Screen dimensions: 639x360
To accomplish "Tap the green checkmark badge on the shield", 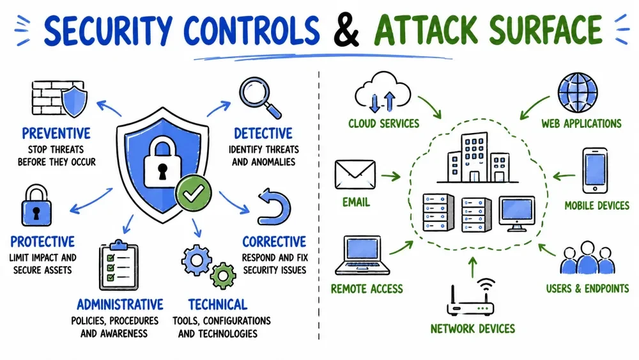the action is pyautogui.click(x=194, y=193).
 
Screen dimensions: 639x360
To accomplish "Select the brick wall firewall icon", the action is pyautogui.click(x=59, y=99).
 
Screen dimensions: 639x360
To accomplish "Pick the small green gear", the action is pyautogui.click(x=223, y=276).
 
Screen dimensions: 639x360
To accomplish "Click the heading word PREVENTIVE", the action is pyautogui.click(x=56, y=133).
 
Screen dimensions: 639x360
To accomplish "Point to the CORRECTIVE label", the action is pyautogui.click(x=274, y=242).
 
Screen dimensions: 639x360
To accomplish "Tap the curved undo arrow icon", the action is pyautogui.click(x=274, y=207).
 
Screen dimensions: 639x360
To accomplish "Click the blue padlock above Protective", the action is pyautogui.click(x=36, y=205).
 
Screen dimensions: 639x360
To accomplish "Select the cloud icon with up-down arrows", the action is pyautogui.click(x=383, y=93).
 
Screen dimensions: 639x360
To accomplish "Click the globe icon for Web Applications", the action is pyautogui.click(x=578, y=93).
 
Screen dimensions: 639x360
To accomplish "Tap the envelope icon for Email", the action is pyautogui.click(x=355, y=175).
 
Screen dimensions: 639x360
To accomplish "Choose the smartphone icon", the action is pyautogui.click(x=595, y=171).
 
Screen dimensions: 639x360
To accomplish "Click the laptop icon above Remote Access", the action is pyautogui.click(x=362, y=255).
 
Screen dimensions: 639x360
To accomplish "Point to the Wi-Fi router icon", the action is pyautogui.click(x=472, y=297).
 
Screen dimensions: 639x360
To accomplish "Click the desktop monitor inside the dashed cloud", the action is pyautogui.click(x=517, y=214).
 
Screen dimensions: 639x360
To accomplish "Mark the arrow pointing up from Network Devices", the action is pyautogui.click(x=472, y=267).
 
